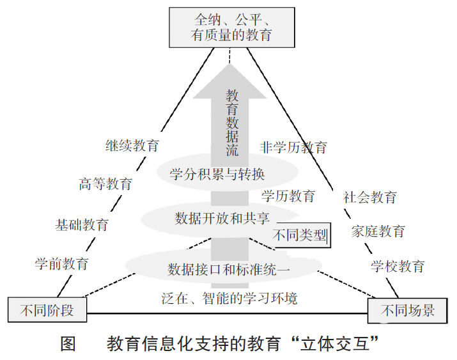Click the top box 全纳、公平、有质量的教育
pyautogui.click(x=232, y=27)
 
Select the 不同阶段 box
pyautogui.click(x=47, y=310)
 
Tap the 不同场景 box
pyautogui.click(x=407, y=311)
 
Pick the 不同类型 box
pyautogui.click(x=300, y=235)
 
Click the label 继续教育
pyautogui.click(x=132, y=145)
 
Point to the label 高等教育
pyautogui.click(x=105, y=184)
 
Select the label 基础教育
pyautogui.click(x=82, y=225)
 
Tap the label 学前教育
pyautogui.click(x=62, y=264)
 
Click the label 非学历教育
pyautogui.click(x=293, y=148)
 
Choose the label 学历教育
pyautogui.click(x=288, y=196)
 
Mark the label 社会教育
pyautogui.click(x=370, y=198)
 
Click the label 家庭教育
pyautogui.click(x=378, y=231)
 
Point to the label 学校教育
pyautogui.click(x=398, y=266)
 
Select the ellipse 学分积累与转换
pyautogui.click(x=228, y=173)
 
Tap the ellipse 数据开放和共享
pyautogui.click(x=221, y=219)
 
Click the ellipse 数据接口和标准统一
pyautogui.click(x=224, y=266)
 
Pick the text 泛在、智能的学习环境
pyautogui.click(x=229, y=299)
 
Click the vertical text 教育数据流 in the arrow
pyautogui.click(x=232, y=123)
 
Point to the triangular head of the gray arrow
pyautogui.click(x=229, y=81)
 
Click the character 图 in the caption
pyautogui.click(x=68, y=343)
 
